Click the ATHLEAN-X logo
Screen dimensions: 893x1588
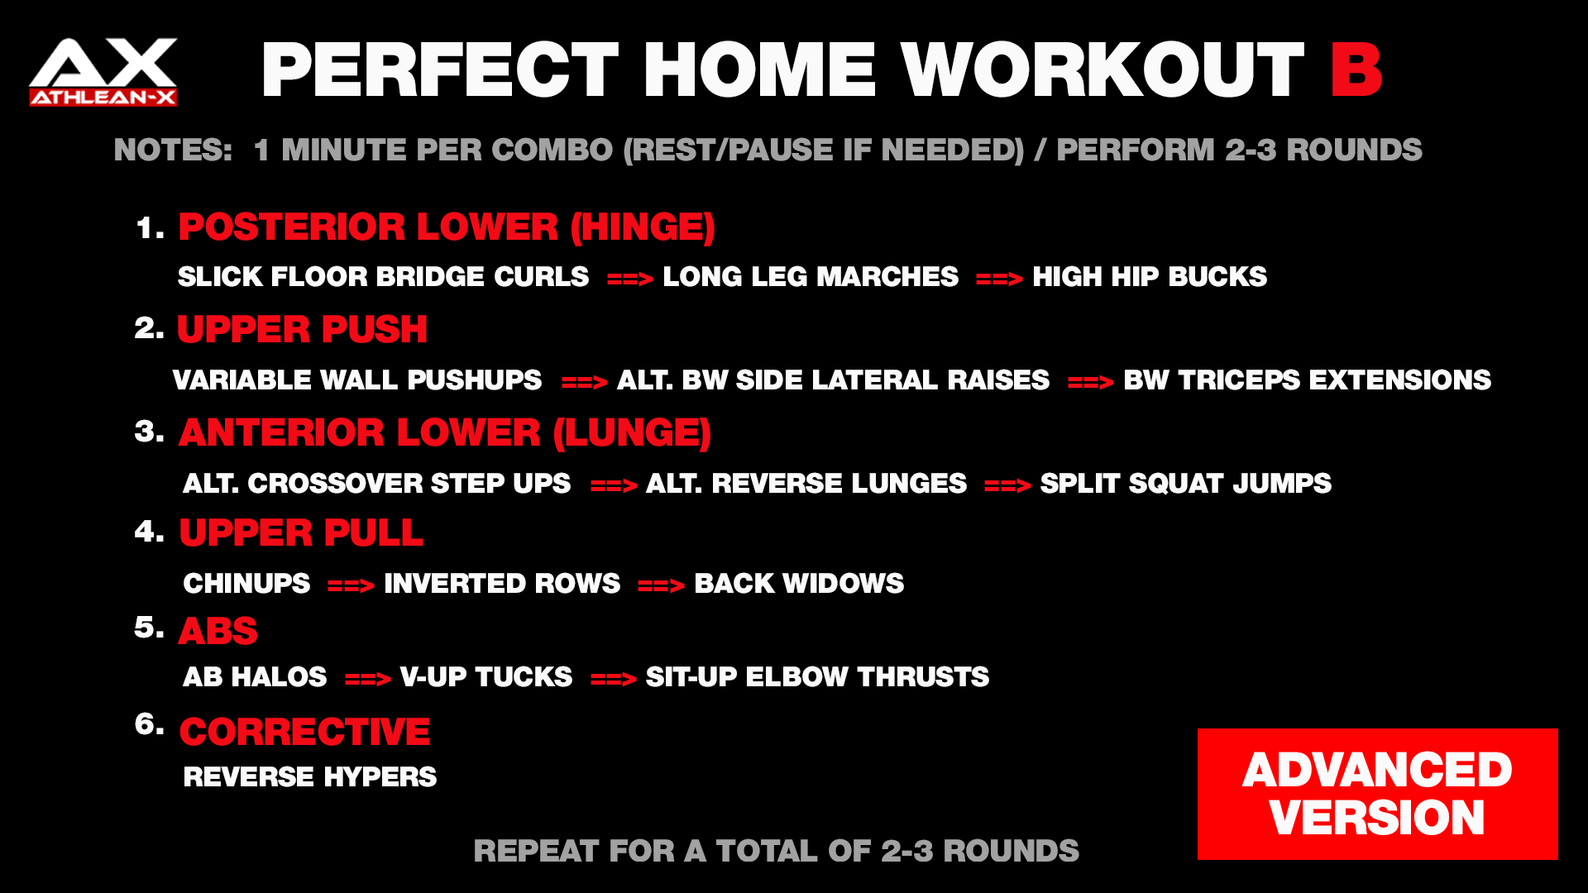tap(103, 72)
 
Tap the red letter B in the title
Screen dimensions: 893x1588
tap(1356, 71)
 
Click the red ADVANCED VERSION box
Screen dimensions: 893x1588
tap(1377, 794)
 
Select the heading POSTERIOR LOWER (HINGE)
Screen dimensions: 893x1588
tap(447, 227)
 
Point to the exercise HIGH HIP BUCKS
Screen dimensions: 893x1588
tap(1150, 276)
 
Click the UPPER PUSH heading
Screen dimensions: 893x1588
tap(302, 329)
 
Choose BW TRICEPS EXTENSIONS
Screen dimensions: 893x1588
tap(1307, 380)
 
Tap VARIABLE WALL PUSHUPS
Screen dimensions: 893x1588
tap(357, 380)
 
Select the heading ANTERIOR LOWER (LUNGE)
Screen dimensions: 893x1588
tap(445, 432)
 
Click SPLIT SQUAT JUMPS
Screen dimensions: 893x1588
tap(1185, 484)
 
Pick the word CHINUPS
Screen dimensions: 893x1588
tap(246, 584)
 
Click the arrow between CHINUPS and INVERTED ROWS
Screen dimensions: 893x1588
tap(351, 586)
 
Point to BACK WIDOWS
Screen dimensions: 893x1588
tap(799, 584)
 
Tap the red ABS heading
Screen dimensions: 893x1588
tap(218, 632)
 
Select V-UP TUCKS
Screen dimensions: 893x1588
tap(486, 677)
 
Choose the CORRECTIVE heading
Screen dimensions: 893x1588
tap(304, 732)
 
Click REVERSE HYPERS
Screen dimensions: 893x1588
tap(310, 777)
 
